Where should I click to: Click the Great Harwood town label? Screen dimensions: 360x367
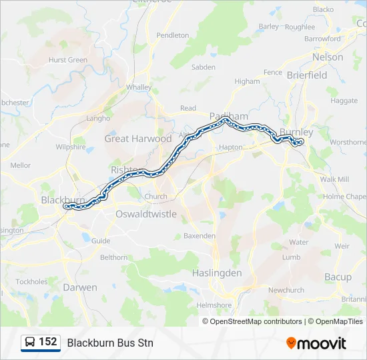[137, 139]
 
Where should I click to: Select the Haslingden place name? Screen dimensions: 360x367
[216, 273]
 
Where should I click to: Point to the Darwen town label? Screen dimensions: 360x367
[80, 287]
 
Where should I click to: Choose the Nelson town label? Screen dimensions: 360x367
[328, 57]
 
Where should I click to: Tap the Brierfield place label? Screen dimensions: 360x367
[307, 75]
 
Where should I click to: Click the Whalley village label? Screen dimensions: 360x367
[139, 87]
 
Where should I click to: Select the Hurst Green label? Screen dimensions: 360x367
[68, 60]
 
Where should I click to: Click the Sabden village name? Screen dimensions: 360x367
[204, 67]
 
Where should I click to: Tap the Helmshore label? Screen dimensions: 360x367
[214, 305]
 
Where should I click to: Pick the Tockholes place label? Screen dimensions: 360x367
[32, 282]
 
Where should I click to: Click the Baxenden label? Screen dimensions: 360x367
[200, 236]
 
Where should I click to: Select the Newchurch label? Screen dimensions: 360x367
[286, 290]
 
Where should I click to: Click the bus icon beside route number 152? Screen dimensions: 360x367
[31, 343]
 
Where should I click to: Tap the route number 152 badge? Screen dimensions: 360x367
[47, 343]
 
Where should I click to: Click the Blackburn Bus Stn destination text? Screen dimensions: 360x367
[110, 343]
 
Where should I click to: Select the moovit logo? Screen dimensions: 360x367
[316, 343]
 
